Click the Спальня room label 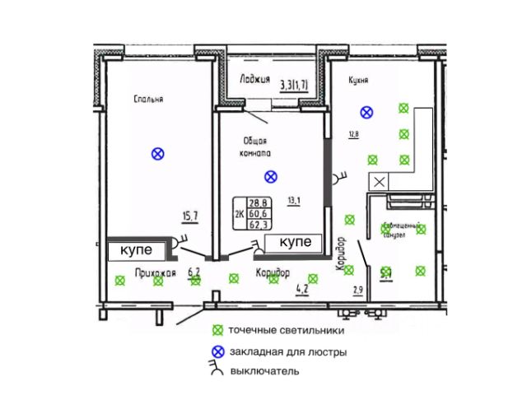click(149, 99)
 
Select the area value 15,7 click(190, 216)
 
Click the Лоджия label click(255, 80)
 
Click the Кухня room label click(357, 81)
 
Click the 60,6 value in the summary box click(260, 212)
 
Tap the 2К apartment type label click(239, 213)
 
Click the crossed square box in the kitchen click(380, 182)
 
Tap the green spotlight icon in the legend click(218, 331)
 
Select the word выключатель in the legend click(264, 372)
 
